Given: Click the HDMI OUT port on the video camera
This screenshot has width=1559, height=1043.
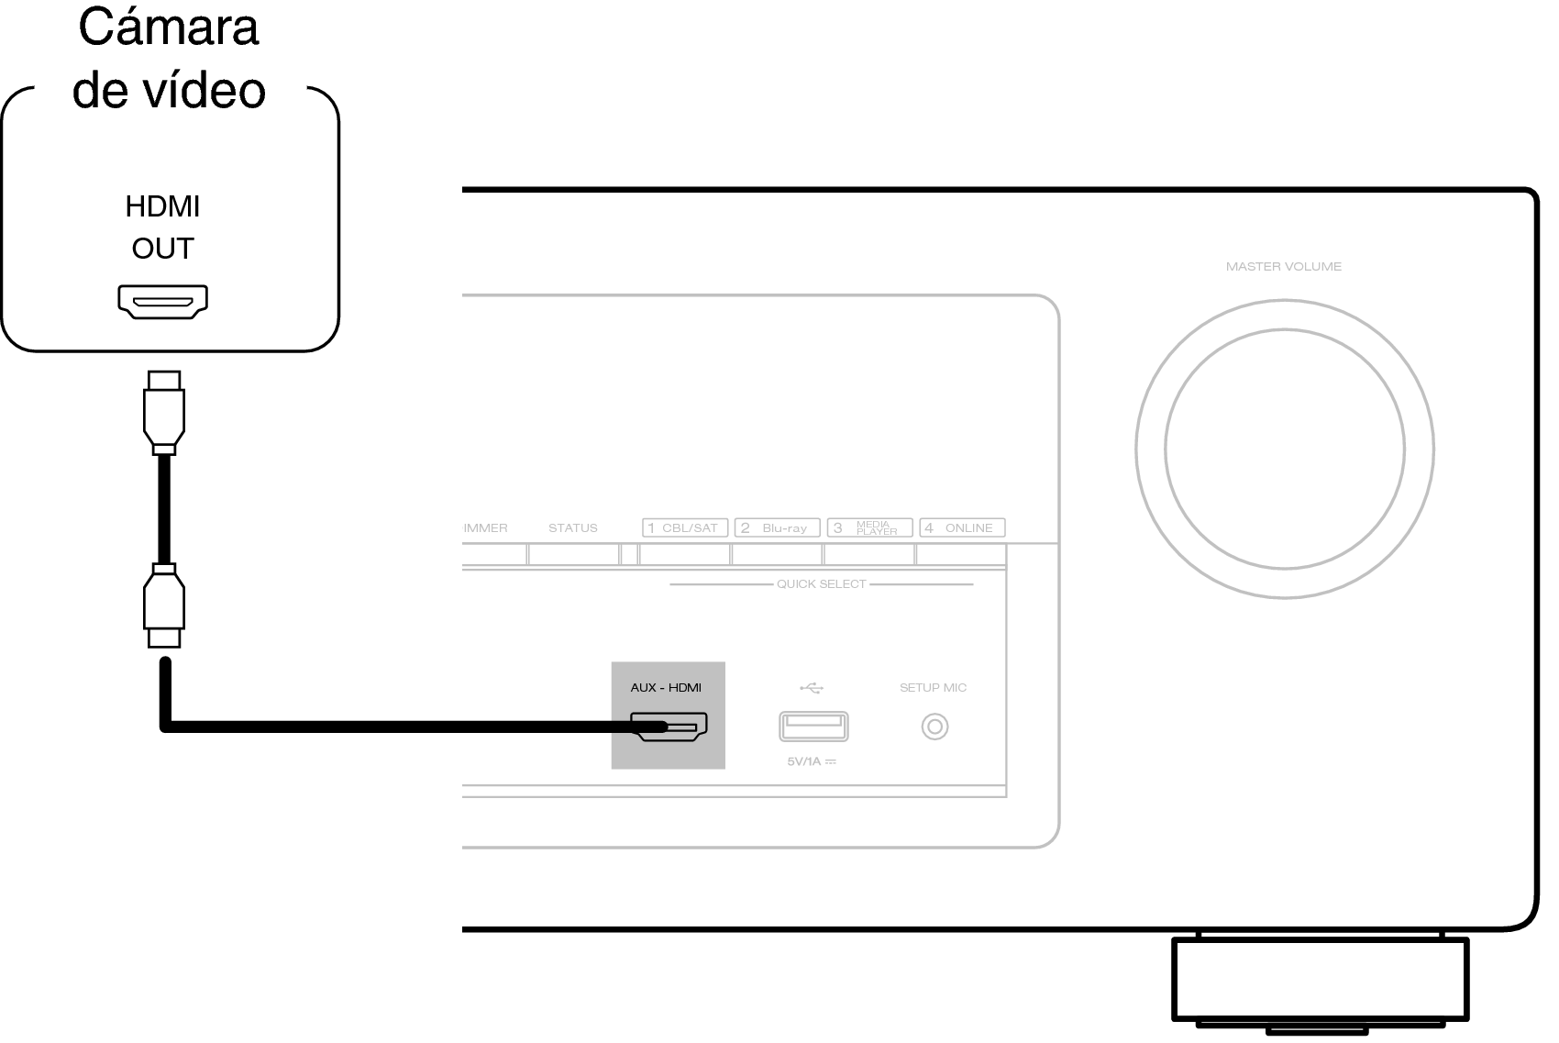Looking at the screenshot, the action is pyautogui.click(x=163, y=302).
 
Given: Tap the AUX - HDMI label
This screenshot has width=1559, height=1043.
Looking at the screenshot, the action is pyautogui.click(x=666, y=687).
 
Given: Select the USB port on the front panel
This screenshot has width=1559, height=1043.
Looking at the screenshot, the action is pyautogui.click(x=813, y=727).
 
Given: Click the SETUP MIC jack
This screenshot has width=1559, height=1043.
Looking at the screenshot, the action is pyautogui.click(x=934, y=727).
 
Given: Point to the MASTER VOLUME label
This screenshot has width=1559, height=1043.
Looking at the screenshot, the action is pyautogui.click(x=1283, y=266).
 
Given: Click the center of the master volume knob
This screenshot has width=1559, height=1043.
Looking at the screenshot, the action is pyautogui.click(x=1285, y=449).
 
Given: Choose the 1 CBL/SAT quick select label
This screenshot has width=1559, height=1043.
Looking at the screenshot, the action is pyautogui.click(x=685, y=527).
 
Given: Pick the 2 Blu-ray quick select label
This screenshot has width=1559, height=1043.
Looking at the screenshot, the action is pyautogui.click(x=778, y=527).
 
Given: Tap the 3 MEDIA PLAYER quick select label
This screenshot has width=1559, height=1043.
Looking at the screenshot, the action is pyautogui.click(x=870, y=527).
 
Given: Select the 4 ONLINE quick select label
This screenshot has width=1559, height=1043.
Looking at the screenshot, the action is pyautogui.click(x=963, y=527).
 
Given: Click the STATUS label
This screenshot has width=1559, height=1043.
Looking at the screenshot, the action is pyautogui.click(x=573, y=527).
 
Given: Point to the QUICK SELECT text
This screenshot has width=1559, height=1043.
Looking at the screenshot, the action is pyautogui.click(x=822, y=584).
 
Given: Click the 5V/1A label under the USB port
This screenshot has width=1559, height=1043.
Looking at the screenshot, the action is pyautogui.click(x=812, y=761).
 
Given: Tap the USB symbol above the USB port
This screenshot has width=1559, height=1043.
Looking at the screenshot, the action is pyautogui.click(x=812, y=688).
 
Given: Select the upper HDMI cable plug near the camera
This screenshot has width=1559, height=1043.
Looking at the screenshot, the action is pyautogui.click(x=164, y=412).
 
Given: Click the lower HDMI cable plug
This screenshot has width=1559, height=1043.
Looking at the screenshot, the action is pyautogui.click(x=164, y=605).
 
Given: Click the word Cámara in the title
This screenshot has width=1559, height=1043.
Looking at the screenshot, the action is pyautogui.click(x=169, y=28).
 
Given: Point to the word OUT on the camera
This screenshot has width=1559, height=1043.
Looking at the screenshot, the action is pyautogui.click(x=163, y=249).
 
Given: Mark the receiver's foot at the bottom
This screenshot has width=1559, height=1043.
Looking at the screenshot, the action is pyautogui.click(x=1321, y=982).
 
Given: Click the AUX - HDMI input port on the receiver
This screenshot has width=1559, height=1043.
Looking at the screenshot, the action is pyautogui.click(x=669, y=727).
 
